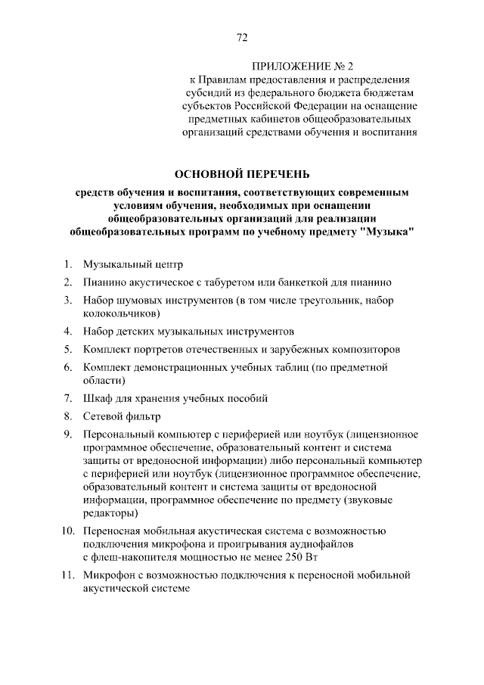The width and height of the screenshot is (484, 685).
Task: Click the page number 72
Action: point(242,38)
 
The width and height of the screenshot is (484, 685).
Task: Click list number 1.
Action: point(67,264)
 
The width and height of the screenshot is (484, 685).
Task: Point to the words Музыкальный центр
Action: point(133,264)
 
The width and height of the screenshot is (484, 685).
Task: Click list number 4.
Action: point(67,332)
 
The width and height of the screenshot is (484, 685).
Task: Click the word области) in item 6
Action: point(104,380)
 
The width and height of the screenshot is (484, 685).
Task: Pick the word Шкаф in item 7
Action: point(99,398)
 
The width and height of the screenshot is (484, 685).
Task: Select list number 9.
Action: point(67,434)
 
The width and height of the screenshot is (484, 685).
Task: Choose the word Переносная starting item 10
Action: point(114,531)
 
